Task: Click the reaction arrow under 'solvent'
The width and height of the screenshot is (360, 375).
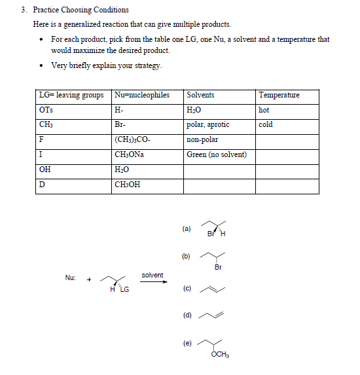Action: pos(152,284)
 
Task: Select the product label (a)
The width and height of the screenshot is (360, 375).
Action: pos(186,229)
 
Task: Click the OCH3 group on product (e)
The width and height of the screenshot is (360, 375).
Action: pos(221,355)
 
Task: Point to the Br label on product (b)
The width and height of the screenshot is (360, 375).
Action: pos(218,266)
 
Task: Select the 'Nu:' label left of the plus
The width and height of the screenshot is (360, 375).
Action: pos(71,277)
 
